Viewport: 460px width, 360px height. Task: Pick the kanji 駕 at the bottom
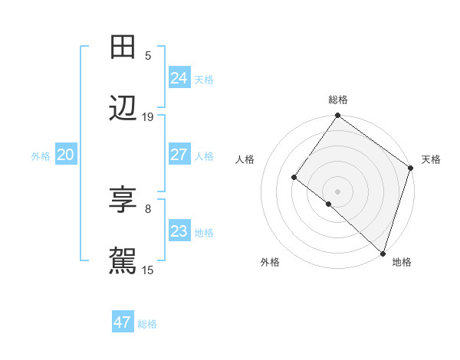click(123, 261)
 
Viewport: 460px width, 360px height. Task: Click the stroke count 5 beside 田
click(148, 56)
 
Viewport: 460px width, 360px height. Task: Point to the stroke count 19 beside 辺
click(148, 117)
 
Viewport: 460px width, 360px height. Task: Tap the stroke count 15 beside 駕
click(148, 270)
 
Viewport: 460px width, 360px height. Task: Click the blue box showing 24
click(179, 78)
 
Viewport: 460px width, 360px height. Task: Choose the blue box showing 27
click(179, 155)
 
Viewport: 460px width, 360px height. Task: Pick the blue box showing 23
click(179, 231)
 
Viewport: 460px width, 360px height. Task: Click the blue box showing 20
click(65, 155)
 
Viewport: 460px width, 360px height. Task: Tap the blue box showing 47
click(122, 322)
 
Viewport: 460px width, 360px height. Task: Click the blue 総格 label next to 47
click(147, 324)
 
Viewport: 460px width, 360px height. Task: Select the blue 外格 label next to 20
click(41, 156)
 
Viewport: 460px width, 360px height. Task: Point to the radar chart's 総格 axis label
click(338, 100)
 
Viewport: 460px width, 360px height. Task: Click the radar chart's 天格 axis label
click(431, 159)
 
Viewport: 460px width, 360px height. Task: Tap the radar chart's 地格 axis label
click(402, 263)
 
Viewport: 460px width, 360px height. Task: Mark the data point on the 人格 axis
click(294, 178)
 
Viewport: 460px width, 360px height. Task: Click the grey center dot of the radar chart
click(337, 191)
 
